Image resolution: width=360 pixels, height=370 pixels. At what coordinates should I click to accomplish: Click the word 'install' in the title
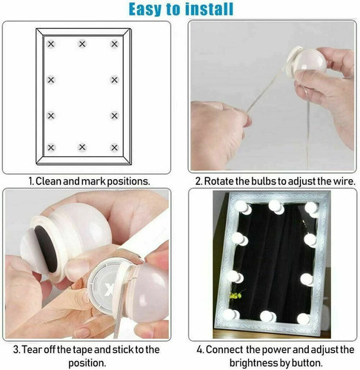point(209,10)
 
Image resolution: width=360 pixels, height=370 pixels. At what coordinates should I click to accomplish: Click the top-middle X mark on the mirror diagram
point(82,44)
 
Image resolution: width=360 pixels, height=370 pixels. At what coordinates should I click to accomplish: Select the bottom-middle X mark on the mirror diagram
point(82,147)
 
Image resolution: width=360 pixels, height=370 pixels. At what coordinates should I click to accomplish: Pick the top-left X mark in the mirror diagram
point(51,44)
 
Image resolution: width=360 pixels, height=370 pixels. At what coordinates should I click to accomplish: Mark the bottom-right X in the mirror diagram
point(114,147)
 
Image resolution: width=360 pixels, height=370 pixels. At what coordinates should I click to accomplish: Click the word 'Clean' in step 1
point(48,181)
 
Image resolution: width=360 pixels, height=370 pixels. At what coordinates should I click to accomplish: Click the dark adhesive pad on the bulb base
point(46,249)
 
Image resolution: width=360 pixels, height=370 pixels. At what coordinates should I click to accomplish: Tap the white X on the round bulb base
point(108,289)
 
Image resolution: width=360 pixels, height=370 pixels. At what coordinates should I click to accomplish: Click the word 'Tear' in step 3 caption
point(30,349)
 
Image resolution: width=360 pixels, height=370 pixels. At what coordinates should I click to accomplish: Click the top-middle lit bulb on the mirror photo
point(276,206)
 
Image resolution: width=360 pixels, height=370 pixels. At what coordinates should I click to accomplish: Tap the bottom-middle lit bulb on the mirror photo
point(267,316)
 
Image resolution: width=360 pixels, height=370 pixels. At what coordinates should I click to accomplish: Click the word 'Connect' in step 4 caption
point(224,350)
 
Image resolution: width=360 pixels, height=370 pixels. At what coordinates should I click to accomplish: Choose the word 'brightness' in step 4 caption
point(253,363)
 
